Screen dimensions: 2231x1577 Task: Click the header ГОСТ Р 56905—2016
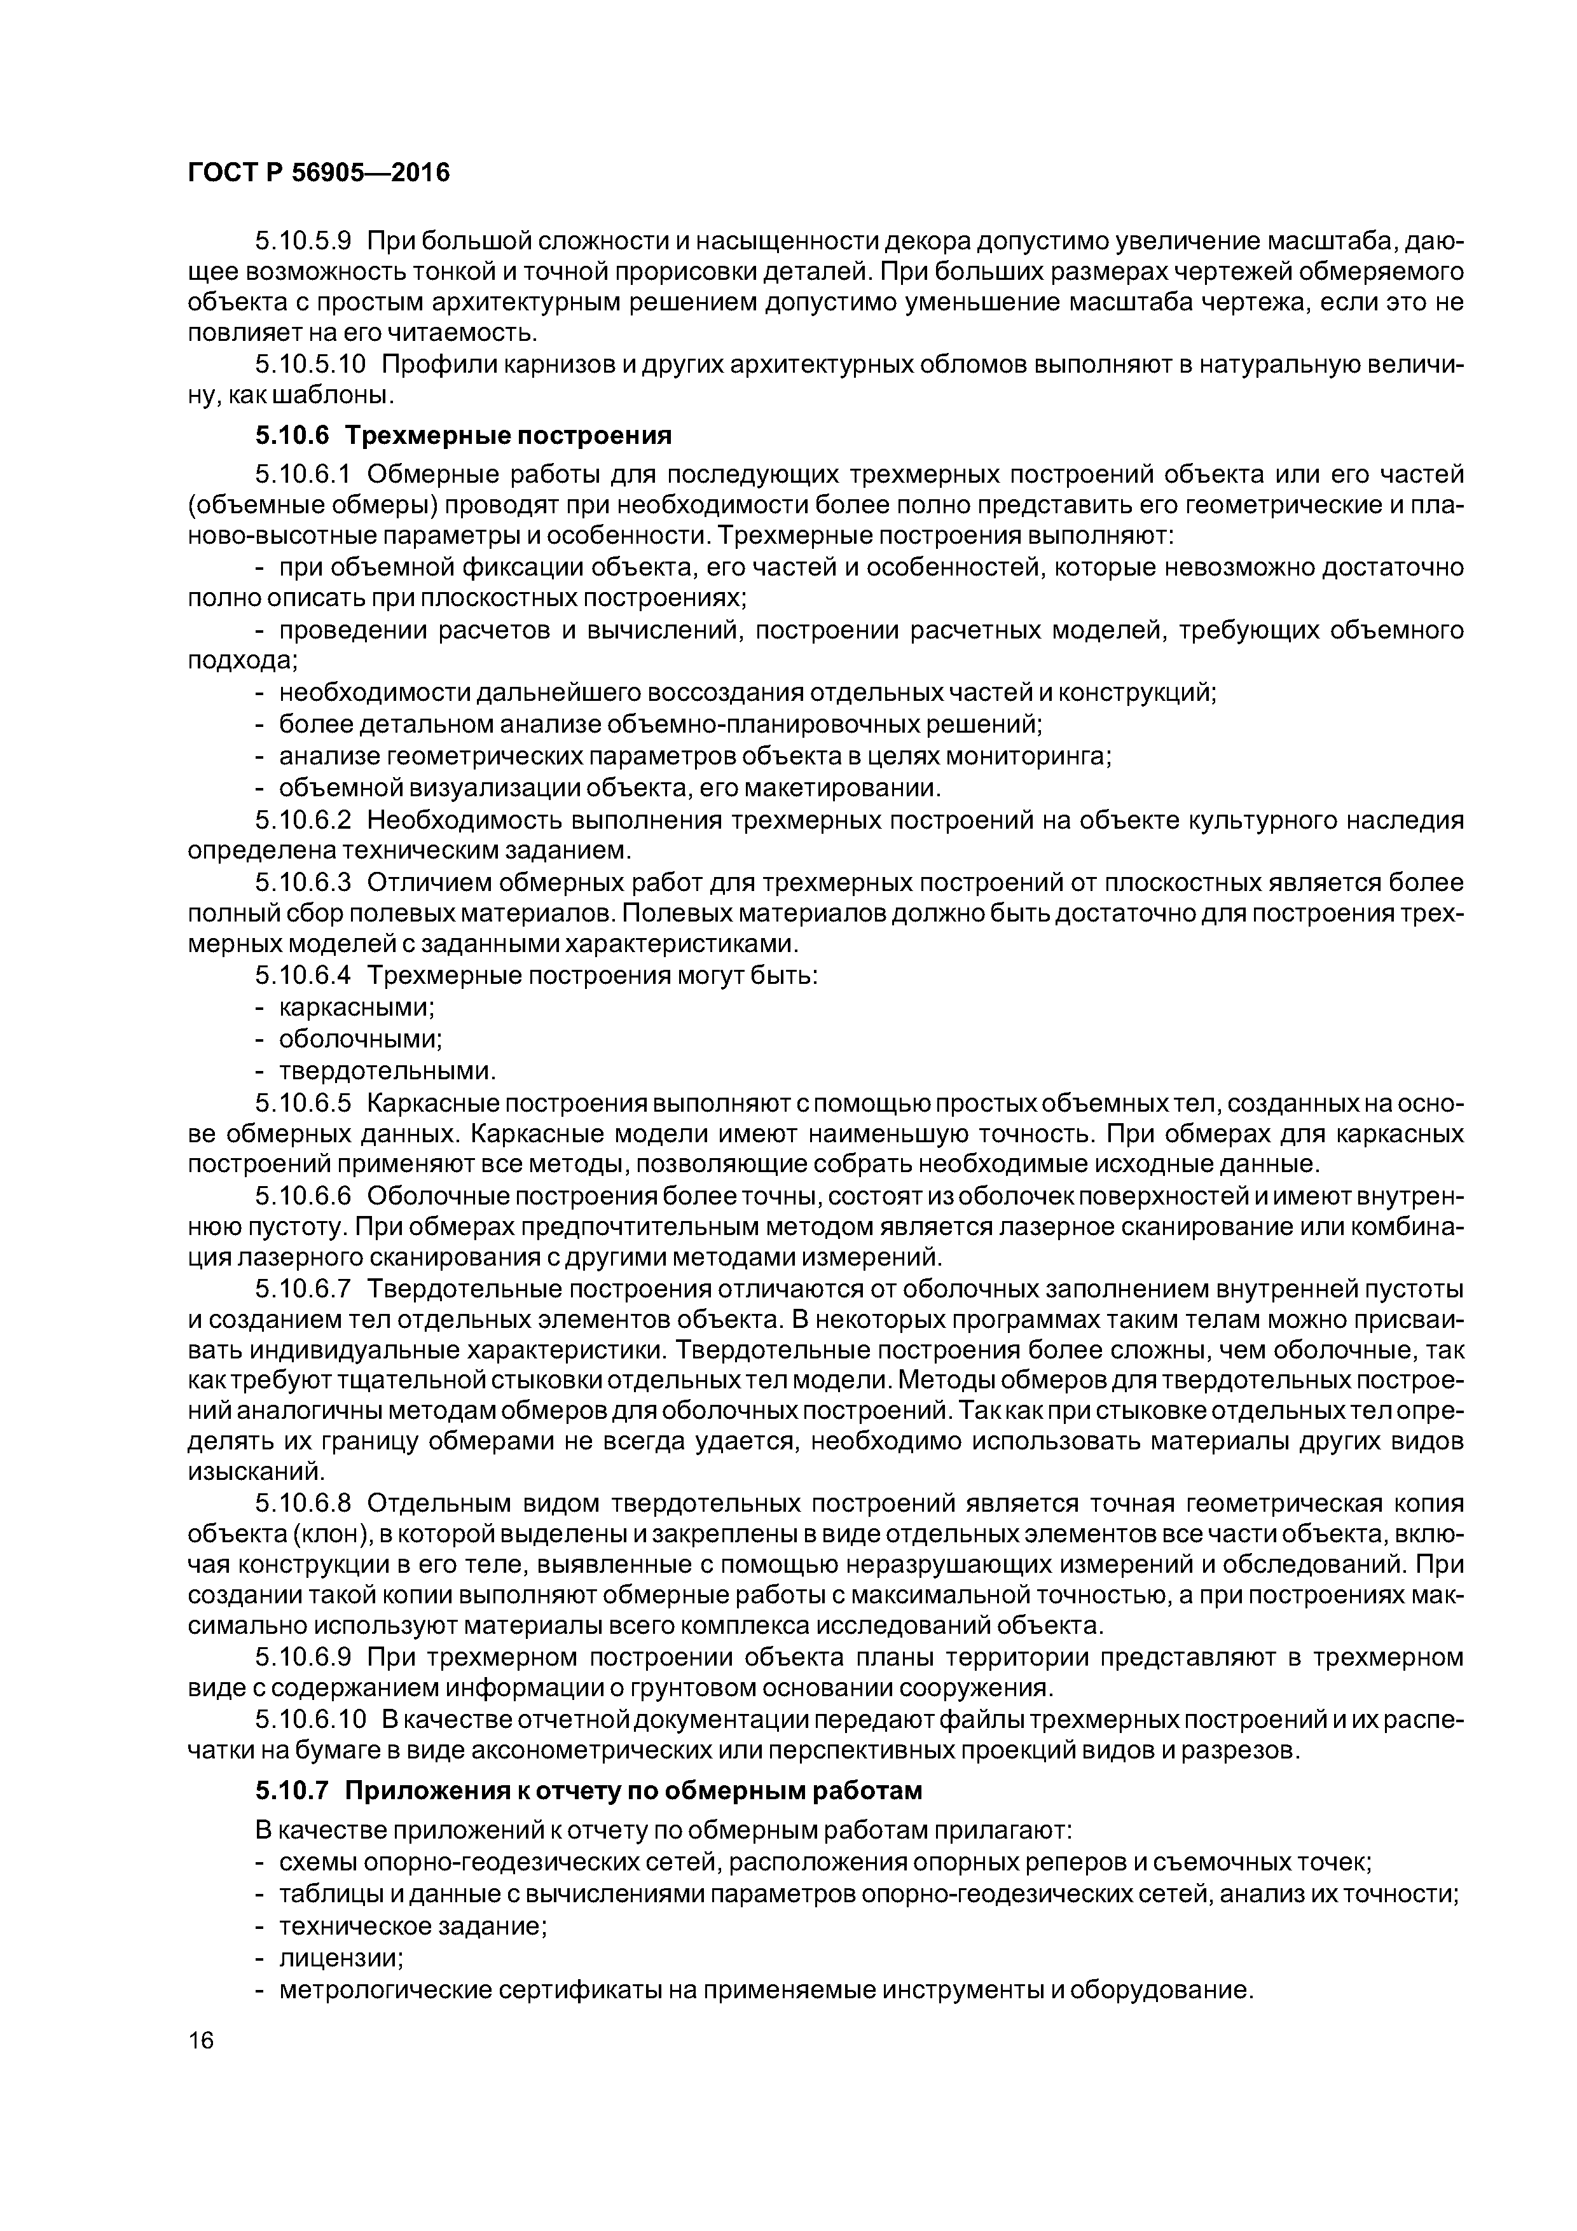pyautogui.click(x=319, y=173)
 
